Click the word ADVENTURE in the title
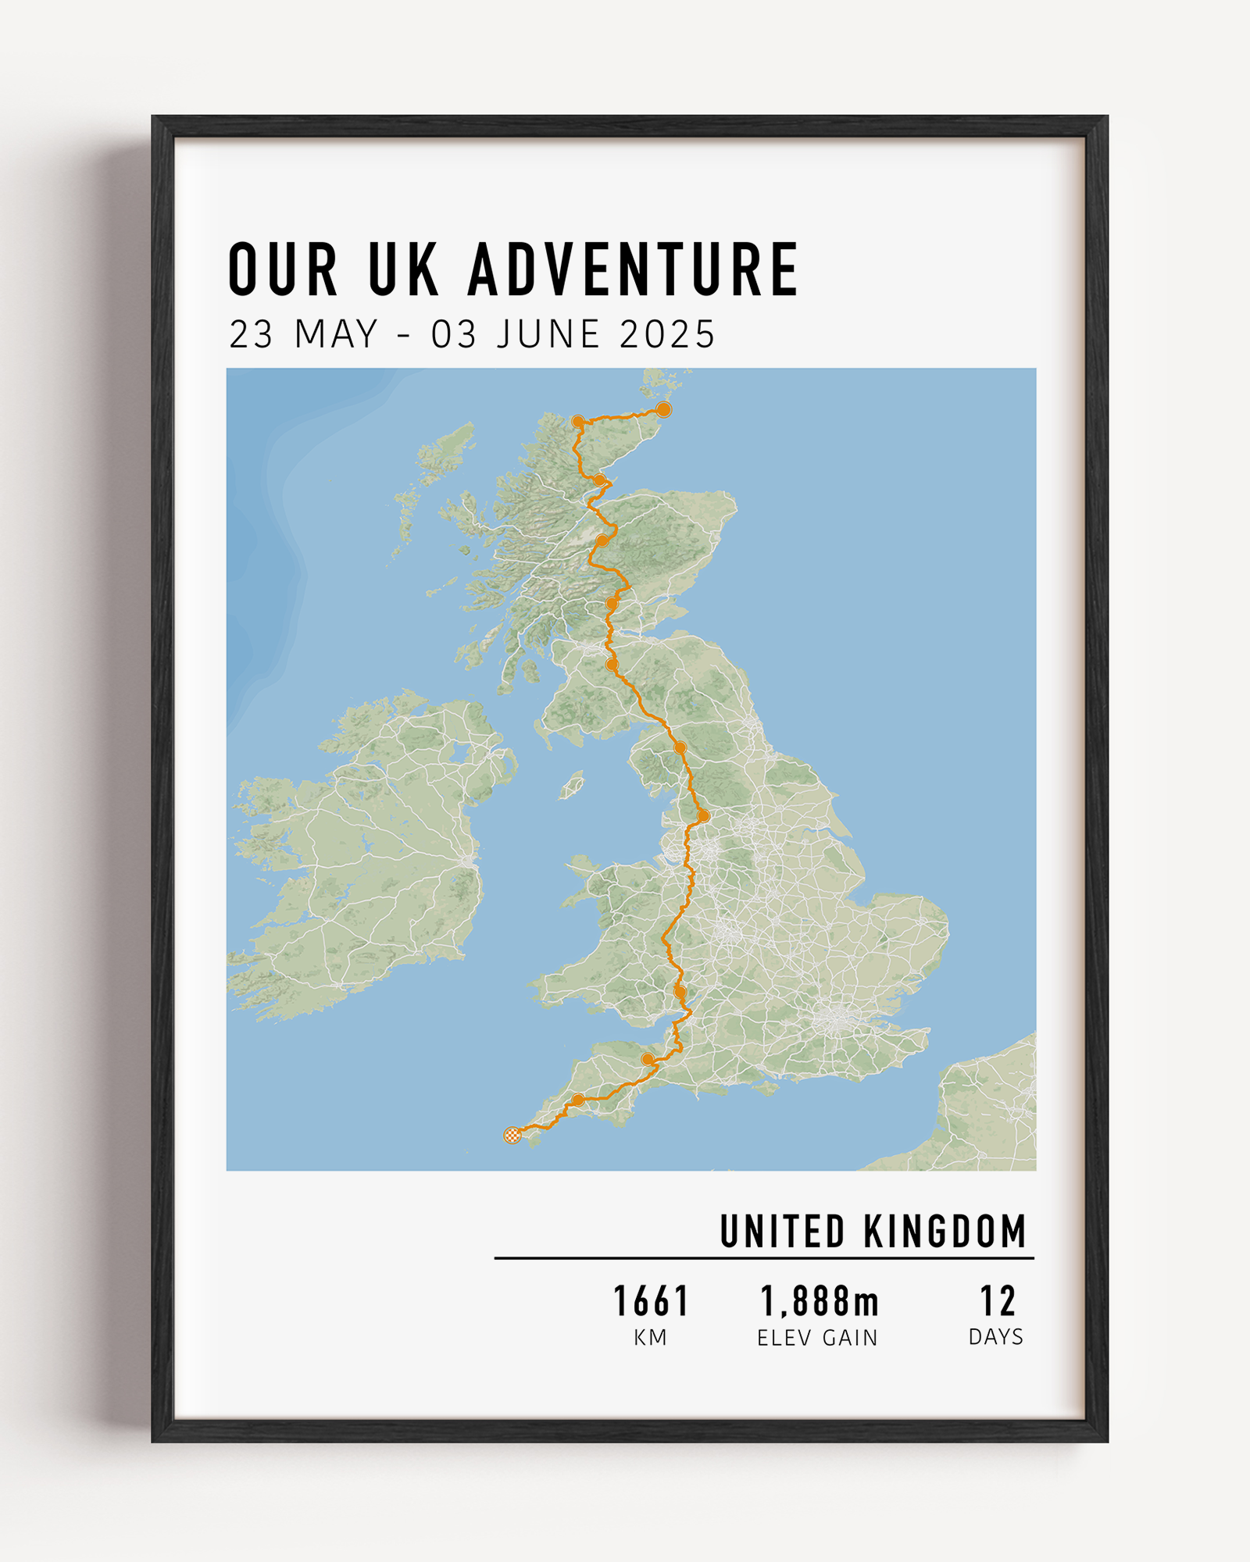tap(633, 269)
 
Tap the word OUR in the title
tap(283, 269)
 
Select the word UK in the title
tap(403, 269)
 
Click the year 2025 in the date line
tap(667, 334)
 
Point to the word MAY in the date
tap(336, 334)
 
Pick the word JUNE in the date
tap(548, 334)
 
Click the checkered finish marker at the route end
tap(512, 1135)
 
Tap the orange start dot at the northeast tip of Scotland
tap(663, 409)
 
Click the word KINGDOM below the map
tap(945, 1232)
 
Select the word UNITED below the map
tap(782, 1232)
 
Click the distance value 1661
tap(651, 1302)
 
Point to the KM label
tap(650, 1338)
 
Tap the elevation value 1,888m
tap(819, 1302)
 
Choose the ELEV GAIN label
tap(817, 1338)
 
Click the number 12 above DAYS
tap(998, 1302)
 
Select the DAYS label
tap(995, 1337)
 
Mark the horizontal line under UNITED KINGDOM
tap(764, 1258)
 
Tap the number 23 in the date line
tap(251, 334)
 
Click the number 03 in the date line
tap(454, 334)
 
